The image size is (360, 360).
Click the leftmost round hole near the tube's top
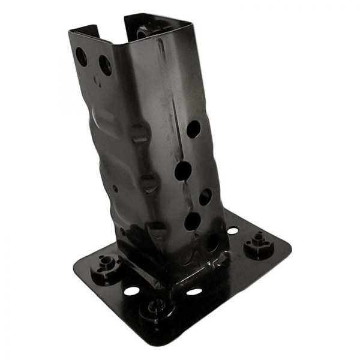tap(81, 57)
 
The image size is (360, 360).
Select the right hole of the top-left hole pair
tap(105, 65)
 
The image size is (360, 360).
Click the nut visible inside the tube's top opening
tap(146, 30)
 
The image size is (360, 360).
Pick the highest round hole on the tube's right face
tap(193, 128)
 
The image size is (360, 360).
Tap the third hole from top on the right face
tap(206, 196)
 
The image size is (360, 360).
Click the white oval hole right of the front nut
tap(194, 292)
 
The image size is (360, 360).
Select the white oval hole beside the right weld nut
tap(233, 230)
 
